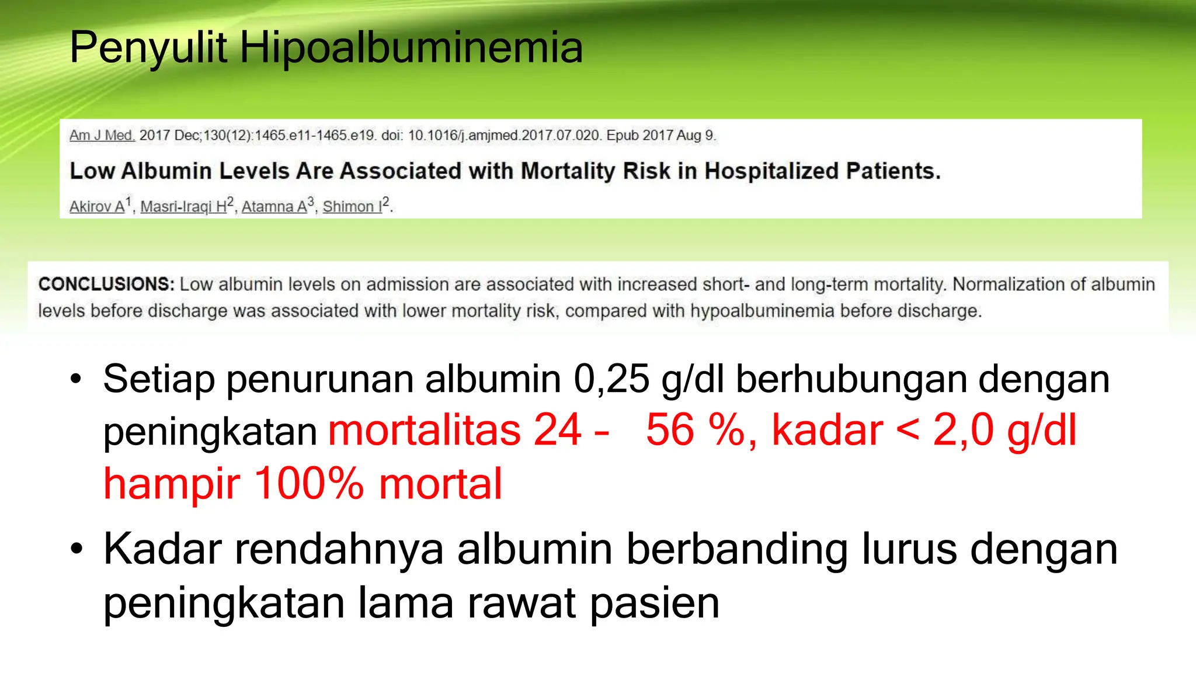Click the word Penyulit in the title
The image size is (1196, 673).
pyautogui.click(x=148, y=48)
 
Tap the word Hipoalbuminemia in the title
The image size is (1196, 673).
pyautogui.click(x=411, y=48)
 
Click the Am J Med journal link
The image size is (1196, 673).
pyautogui.click(x=102, y=136)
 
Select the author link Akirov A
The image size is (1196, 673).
pyautogui.click(x=97, y=207)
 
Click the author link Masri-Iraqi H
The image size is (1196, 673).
pyautogui.click(x=183, y=207)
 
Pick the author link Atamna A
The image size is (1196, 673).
pyautogui.click(x=274, y=207)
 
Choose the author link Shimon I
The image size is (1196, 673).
pyautogui.click(x=352, y=207)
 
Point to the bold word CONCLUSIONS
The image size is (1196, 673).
pyautogui.click(x=106, y=285)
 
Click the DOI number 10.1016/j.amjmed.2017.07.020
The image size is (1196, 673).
pyautogui.click(x=504, y=136)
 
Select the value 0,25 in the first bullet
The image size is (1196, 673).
pyautogui.click(x=611, y=379)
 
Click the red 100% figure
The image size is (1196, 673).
pyautogui.click(x=309, y=484)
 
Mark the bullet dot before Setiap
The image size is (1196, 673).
pyautogui.click(x=76, y=380)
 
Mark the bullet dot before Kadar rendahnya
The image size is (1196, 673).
pyautogui.click(x=76, y=550)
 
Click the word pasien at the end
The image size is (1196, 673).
pyautogui.click(x=655, y=603)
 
